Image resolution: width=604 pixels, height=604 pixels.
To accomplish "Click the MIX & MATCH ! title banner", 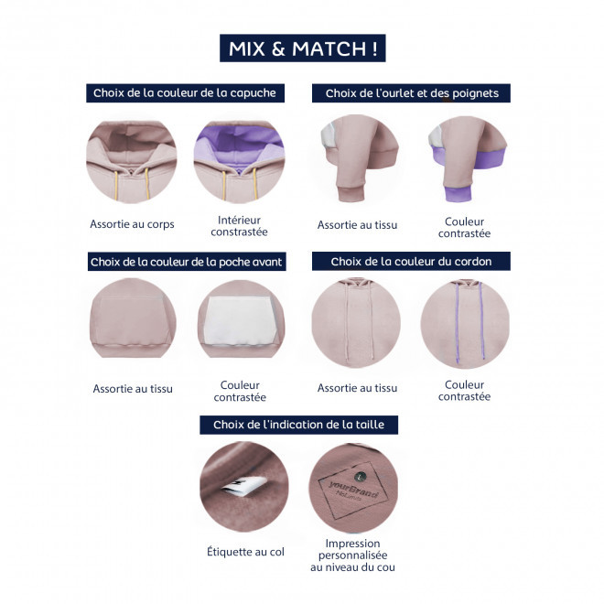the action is coord(302,49).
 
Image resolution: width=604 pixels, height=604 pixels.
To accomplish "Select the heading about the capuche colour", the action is coord(185,92).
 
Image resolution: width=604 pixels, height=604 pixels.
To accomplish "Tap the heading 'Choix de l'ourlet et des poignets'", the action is coord(411,92).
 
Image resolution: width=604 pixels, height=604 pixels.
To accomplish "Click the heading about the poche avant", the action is coord(187,262).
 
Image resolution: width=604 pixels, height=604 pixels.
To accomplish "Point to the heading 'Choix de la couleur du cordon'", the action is coord(411,261).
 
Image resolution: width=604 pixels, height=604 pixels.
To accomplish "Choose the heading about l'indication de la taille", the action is coord(299,425).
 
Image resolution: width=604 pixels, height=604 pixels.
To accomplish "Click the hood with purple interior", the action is coord(239,162).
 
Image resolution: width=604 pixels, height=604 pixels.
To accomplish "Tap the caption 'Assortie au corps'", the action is coord(132,224).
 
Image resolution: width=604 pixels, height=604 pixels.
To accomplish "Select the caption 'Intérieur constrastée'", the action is coord(239,226).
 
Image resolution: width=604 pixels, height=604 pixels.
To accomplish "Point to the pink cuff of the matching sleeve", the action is coord(351,193).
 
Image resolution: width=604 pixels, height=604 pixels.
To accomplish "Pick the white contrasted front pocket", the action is coord(240,320).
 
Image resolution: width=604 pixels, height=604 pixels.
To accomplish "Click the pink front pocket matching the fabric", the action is coord(132,320).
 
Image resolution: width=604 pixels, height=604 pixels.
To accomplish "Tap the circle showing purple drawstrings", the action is coord(465,323).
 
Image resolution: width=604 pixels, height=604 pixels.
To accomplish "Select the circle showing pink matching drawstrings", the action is coord(356,323).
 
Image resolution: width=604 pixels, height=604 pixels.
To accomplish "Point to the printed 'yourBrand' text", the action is coord(353,489).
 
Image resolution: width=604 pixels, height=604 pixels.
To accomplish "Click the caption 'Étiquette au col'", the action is coord(246,552).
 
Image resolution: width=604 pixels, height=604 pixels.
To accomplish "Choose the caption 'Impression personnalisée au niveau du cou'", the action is coord(353,555).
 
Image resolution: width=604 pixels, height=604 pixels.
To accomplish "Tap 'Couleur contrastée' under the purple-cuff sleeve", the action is coord(465,227).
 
